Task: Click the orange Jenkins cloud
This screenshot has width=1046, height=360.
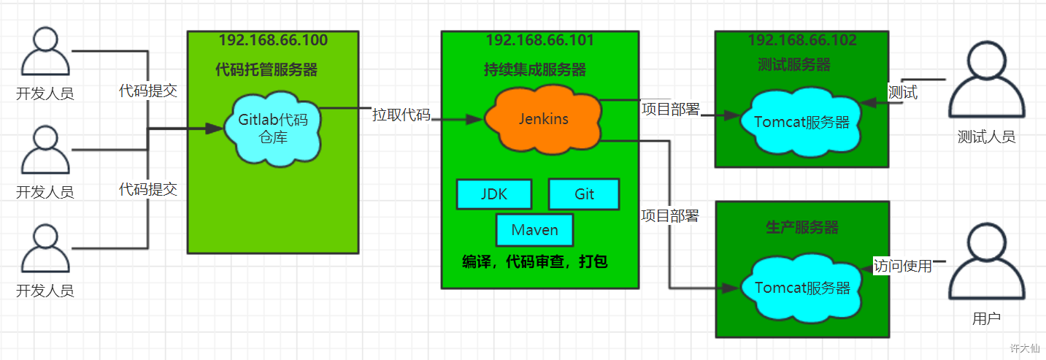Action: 543,120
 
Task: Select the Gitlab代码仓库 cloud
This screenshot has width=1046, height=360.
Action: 273,129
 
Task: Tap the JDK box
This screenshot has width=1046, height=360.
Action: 494,194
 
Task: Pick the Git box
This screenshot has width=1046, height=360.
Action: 584,194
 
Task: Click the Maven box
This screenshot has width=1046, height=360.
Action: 534,230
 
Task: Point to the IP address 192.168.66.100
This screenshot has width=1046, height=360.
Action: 273,40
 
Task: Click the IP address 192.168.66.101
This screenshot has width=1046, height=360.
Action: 540,40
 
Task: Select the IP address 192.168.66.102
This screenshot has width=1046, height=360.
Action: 802,40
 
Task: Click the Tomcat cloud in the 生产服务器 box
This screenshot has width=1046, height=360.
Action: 801,288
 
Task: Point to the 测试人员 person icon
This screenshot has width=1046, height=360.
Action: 987,80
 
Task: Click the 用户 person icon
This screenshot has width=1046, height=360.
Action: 987,261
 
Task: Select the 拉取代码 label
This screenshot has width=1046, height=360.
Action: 401,115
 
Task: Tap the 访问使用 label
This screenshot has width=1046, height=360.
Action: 903,266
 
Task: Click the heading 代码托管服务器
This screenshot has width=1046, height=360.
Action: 266,69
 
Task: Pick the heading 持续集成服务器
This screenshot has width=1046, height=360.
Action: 534,69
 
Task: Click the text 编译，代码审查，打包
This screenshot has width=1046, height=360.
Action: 534,261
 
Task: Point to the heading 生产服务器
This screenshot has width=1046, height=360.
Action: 801,227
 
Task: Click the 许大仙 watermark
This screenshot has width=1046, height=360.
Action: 1025,348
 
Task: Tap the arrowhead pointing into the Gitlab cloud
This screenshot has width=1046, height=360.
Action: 214,129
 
